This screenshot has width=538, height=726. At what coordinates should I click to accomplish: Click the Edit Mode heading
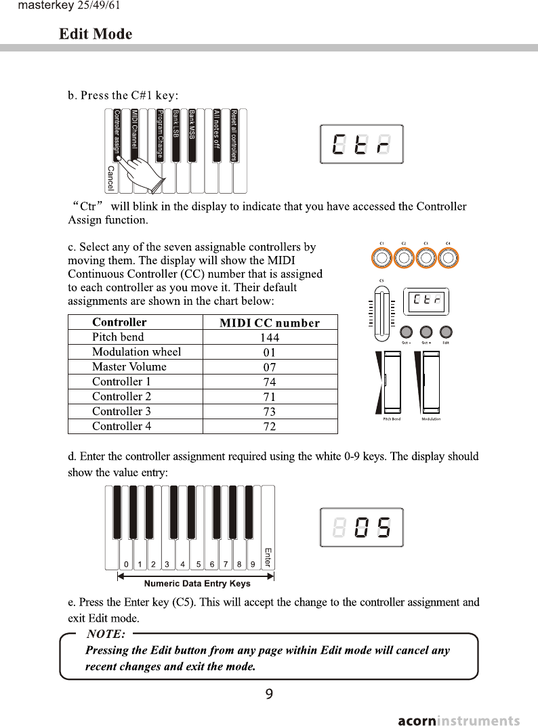tap(96, 34)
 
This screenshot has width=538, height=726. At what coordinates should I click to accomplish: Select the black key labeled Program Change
tap(160, 134)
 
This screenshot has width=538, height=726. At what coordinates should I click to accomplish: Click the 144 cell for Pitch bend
tap(270, 337)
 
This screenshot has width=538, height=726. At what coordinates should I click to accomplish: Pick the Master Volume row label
tap(129, 367)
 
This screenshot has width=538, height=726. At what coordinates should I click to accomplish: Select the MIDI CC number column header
tap(270, 322)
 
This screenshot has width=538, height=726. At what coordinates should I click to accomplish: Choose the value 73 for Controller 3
tap(270, 412)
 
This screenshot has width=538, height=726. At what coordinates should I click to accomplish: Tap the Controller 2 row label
tap(121, 397)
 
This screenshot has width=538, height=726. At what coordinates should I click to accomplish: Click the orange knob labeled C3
tap(426, 258)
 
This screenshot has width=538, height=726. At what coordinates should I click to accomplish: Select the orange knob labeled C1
tap(382, 258)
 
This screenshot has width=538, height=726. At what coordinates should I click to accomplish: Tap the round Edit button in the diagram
tap(447, 333)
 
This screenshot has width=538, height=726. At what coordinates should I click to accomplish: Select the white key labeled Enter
tap(268, 542)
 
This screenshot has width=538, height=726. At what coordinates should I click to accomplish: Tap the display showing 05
tap(361, 527)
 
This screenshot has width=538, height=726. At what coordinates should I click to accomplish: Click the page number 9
tap(269, 693)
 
